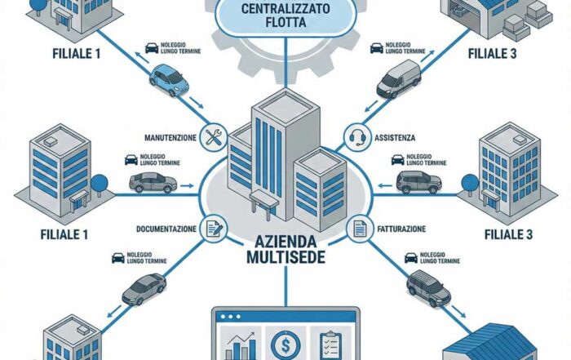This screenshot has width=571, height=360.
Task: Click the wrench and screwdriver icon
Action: (x=214, y=137)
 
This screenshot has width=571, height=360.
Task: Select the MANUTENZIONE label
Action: (x=170, y=138)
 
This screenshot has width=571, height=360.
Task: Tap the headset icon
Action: (x=357, y=137)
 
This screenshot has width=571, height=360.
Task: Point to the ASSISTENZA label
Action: (x=395, y=138)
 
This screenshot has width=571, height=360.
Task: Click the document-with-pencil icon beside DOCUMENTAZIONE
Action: (x=214, y=229)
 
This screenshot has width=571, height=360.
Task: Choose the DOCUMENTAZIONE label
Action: (x=166, y=229)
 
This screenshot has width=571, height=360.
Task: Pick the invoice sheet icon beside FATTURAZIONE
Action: (x=360, y=229)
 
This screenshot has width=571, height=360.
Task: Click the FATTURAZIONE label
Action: (x=401, y=229)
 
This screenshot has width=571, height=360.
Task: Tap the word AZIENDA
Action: (x=285, y=241)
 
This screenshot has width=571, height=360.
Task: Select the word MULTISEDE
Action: (x=285, y=257)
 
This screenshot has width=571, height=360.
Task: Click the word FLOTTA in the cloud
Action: (x=285, y=22)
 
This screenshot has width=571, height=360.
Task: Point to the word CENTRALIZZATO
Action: (x=285, y=8)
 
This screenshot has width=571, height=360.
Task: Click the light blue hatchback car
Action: (x=169, y=80)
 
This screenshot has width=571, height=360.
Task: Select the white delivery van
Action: (x=399, y=78)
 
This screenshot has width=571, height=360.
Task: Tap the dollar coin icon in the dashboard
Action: (x=285, y=344)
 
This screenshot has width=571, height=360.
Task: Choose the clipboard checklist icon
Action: (x=330, y=345)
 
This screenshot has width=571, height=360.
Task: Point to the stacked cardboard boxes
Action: (x=528, y=20)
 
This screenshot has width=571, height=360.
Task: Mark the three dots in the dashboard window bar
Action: (x=230, y=317)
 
